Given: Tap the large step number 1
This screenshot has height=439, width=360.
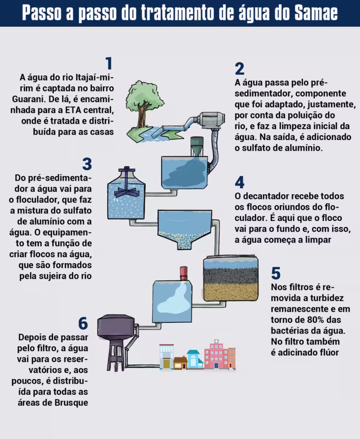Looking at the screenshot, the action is [109, 63].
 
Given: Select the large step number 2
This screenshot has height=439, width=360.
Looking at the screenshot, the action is [240, 69].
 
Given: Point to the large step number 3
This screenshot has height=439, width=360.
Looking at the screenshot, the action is [87, 164].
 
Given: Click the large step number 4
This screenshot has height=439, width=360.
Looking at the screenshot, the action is [240, 182].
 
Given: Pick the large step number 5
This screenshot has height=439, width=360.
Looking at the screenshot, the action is [276, 273].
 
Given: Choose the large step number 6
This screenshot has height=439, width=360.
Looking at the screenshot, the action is [83, 324].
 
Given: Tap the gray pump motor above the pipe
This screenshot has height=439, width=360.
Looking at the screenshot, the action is [212, 120].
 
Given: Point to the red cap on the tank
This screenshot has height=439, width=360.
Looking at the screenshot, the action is [183, 273].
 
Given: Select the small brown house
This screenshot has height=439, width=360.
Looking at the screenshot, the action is [180, 363].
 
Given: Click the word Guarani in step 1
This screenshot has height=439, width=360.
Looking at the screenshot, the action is [29, 99].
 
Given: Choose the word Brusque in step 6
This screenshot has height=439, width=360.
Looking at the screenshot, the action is [71, 403].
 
